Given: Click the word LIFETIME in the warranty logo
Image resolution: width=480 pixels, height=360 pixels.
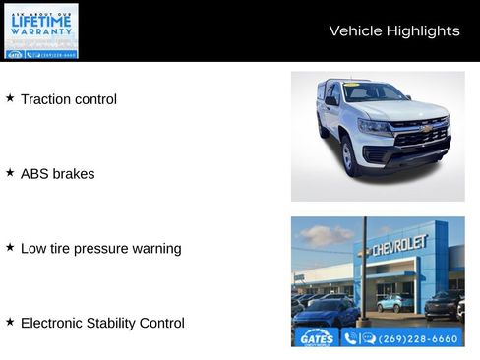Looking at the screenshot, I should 41,20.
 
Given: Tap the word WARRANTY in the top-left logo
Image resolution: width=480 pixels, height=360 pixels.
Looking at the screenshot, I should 41,31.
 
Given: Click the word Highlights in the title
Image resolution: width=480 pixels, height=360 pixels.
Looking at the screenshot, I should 423,30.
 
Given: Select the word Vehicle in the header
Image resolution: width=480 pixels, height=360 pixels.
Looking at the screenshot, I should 355,30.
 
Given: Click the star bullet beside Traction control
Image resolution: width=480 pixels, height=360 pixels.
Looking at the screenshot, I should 10,98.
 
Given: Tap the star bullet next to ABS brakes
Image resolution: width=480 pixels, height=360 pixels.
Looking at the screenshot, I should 10,172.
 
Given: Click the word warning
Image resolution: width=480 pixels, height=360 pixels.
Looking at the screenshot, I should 157,249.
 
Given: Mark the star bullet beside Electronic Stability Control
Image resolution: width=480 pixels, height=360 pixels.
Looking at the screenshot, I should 10,322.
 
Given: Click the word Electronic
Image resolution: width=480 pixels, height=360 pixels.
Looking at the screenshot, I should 54,323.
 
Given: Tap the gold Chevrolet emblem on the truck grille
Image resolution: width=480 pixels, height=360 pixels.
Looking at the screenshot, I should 425,128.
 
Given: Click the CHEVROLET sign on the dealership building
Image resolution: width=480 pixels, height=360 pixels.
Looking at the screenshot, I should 398,245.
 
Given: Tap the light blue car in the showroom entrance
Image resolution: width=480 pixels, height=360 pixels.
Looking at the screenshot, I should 395,302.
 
